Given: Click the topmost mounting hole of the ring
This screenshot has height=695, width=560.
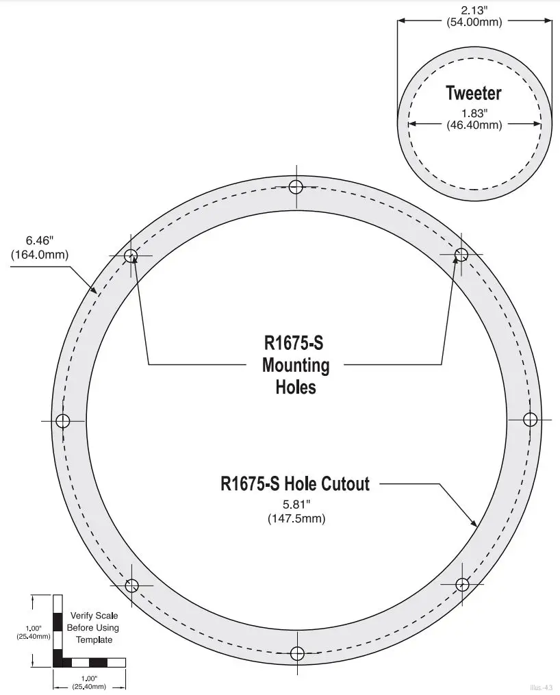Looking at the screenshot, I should tap(296, 186).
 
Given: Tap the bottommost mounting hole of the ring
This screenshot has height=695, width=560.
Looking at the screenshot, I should tap(296, 653).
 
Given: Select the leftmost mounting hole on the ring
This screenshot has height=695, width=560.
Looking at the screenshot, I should tap(63, 420).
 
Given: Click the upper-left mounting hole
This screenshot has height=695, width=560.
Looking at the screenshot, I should tap(131, 255).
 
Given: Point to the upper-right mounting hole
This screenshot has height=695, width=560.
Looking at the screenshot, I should tap(461, 255).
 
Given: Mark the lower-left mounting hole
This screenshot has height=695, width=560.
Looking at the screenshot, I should tap(132, 585).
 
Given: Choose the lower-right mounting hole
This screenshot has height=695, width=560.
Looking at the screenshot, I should tap(462, 584).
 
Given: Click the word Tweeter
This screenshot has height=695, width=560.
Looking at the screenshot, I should tap(474, 93).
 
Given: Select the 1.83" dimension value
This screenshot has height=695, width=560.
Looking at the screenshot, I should tap(474, 114).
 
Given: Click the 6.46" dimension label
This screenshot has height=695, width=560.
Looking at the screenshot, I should tap(40, 241).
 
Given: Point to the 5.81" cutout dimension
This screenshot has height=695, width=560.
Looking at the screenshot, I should tap(296, 506).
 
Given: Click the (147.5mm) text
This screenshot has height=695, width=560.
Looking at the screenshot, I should tap(296, 518).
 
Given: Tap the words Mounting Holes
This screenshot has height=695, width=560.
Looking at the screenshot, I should tap(296, 376).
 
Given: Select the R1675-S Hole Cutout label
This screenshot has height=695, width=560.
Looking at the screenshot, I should tap(295, 484).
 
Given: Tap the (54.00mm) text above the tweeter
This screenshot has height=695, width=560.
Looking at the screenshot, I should tap(474, 22).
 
